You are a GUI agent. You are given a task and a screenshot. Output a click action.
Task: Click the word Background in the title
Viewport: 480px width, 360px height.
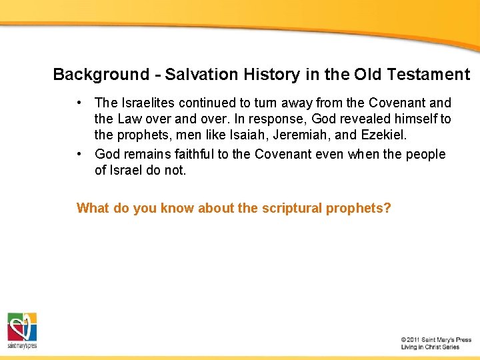point(101,75)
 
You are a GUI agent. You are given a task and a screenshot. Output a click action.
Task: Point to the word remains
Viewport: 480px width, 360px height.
point(151,155)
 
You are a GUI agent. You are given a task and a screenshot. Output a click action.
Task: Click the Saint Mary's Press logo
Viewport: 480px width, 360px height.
point(22,330)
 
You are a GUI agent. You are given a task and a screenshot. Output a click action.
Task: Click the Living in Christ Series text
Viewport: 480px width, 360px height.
point(430,347)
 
